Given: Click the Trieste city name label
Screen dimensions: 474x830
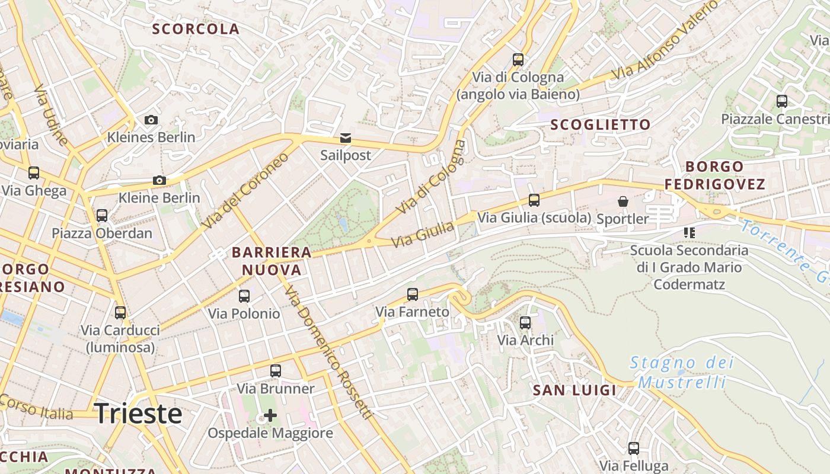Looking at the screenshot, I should (x=138, y=414).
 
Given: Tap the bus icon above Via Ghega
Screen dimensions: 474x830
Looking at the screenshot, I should (x=34, y=173).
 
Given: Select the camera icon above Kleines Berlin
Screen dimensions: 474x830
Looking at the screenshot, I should (x=151, y=120).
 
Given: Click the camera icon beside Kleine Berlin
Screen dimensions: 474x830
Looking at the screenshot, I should (x=159, y=181).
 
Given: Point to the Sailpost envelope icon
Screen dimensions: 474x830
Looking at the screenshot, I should (x=345, y=139).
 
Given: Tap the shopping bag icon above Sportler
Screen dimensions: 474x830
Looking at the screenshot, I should (x=623, y=202).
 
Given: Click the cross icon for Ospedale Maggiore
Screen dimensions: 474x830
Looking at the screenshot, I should (x=270, y=415).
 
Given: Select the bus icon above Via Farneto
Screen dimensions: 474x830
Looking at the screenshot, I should (x=412, y=294).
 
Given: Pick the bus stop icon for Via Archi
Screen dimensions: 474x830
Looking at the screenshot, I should (x=525, y=323).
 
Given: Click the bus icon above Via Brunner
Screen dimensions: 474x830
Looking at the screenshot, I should (x=276, y=371).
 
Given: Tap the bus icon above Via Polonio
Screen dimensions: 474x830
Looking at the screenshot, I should (x=244, y=296).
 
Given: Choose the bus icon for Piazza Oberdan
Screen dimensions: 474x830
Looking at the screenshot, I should (x=102, y=216).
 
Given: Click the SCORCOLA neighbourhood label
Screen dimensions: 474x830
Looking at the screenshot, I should (x=196, y=29).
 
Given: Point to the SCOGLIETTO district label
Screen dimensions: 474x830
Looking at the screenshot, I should (x=601, y=124).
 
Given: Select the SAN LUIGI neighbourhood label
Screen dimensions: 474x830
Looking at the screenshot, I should (x=574, y=390).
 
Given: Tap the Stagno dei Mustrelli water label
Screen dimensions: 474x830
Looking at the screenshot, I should (x=682, y=372).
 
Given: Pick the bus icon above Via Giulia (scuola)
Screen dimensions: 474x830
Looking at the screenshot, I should (x=534, y=200).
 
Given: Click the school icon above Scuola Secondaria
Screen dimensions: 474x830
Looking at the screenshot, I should (x=689, y=233).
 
